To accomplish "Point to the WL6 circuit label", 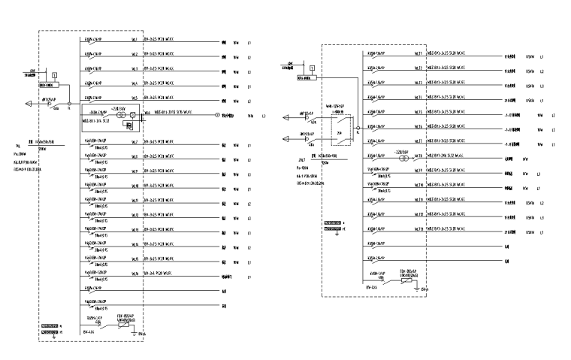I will pos(147,113).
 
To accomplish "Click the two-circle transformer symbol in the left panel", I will pos(131,114).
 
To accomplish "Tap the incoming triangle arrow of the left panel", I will pos(29,104).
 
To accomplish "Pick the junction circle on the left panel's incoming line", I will pos(70,104).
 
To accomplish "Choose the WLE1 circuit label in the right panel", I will pos(418,54).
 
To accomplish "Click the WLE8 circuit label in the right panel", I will pos(418,159).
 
